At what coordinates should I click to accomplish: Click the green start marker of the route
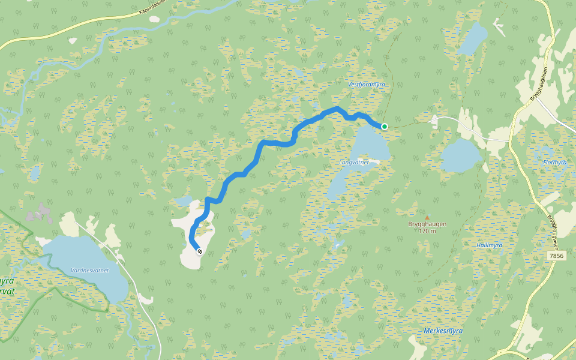(384, 126)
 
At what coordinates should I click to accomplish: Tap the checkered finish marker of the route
(199, 252)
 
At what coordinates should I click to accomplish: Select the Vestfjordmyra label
(366, 85)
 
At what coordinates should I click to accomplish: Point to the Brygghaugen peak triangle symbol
(427, 218)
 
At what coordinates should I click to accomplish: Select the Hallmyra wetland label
(489, 245)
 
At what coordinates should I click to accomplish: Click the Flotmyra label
(554, 163)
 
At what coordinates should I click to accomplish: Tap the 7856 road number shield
(557, 256)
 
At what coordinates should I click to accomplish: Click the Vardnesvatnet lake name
(89, 271)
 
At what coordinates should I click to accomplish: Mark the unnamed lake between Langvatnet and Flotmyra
(461, 156)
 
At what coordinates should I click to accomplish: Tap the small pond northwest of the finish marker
(183, 200)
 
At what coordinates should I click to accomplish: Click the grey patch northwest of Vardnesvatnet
(39, 213)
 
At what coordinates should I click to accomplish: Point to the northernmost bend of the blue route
(337, 109)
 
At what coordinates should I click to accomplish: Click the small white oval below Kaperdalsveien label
(154, 19)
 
